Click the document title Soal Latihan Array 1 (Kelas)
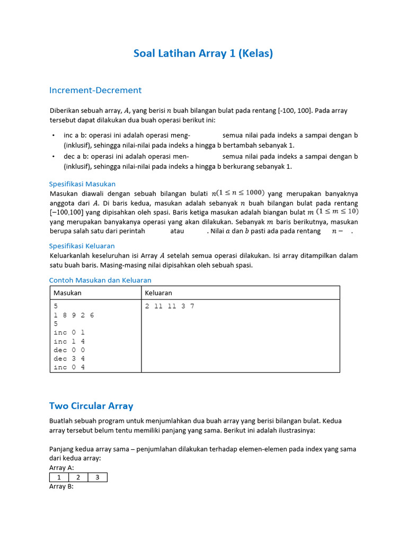click(203, 53)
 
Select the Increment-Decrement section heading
click(95, 90)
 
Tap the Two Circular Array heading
click(91, 406)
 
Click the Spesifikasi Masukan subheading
click(82, 184)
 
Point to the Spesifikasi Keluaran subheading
click(82, 246)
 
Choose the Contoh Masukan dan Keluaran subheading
click(100, 280)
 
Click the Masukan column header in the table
click(67, 293)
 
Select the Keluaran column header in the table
click(158, 293)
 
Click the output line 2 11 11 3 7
click(170, 306)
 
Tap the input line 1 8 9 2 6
click(74, 315)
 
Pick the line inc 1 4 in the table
click(69, 341)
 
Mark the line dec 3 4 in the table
click(69, 359)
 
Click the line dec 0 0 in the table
click(69, 350)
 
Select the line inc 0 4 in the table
click(69, 367)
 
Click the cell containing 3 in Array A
click(98, 477)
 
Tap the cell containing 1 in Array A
click(59, 477)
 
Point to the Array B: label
click(61, 486)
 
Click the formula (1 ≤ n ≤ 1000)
click(241, 193)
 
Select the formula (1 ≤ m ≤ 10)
click(337, 212)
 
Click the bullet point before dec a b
click(54, 157)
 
